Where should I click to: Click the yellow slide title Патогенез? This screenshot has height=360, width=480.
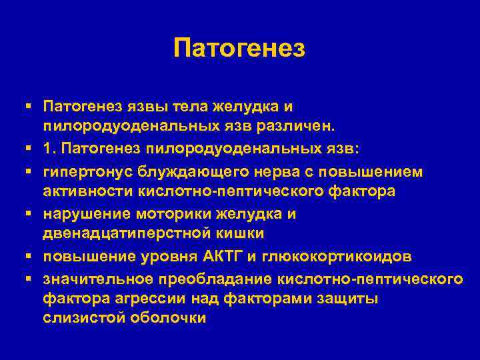[239, 49]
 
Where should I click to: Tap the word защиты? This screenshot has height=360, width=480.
[347, 298]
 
